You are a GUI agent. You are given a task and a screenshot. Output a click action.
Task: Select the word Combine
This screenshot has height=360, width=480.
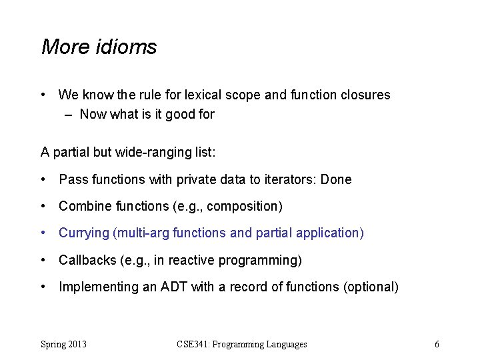[83, 207]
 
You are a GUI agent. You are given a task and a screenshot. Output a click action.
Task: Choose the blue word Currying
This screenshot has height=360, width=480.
[83, 233]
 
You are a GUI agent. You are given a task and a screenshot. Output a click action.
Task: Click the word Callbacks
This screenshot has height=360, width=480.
[86, 260]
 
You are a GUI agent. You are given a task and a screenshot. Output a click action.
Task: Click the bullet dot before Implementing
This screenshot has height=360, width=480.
[43, 287]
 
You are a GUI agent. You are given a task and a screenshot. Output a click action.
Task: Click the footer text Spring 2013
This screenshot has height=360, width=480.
[63, 345]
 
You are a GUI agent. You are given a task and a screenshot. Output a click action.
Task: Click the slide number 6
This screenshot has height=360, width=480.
[437, 345]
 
